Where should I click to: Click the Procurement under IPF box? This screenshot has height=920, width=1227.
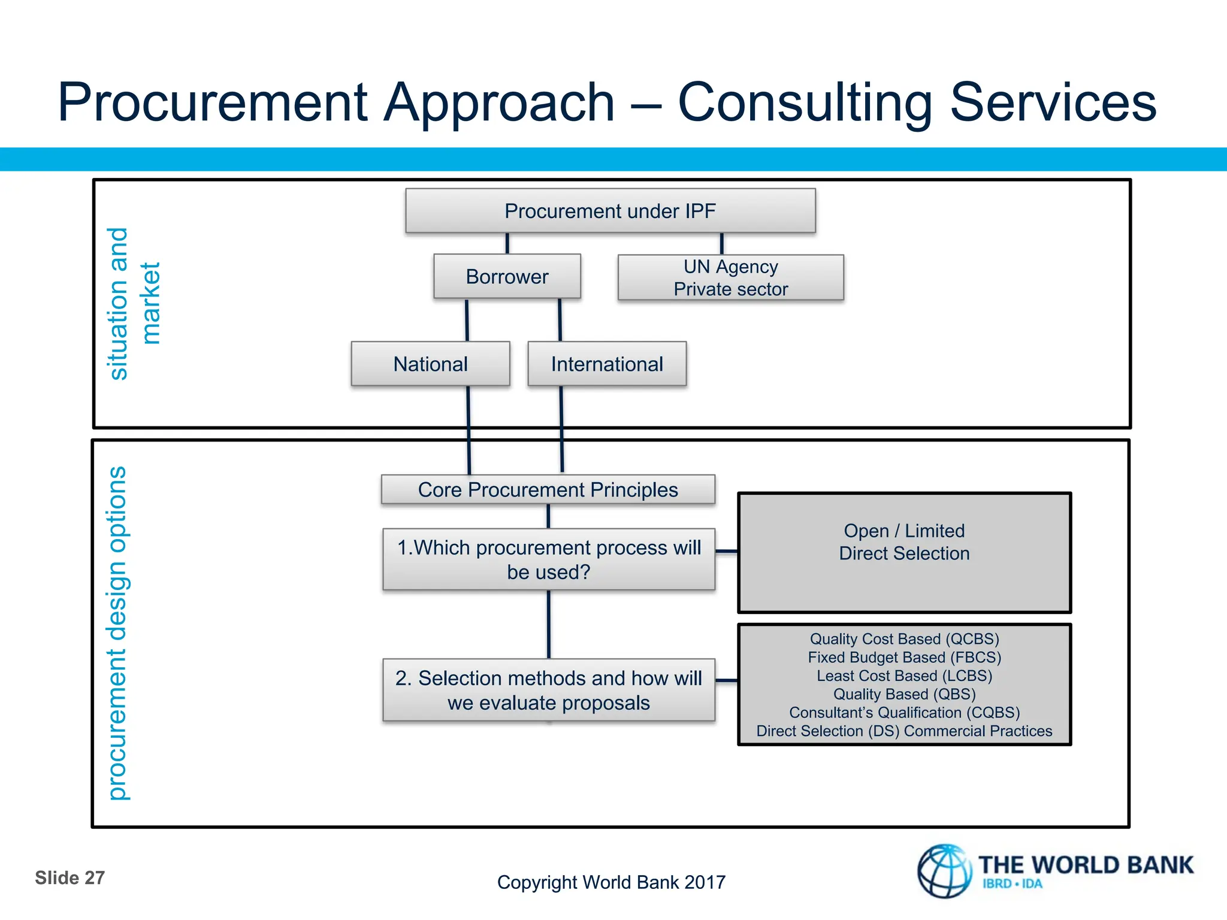[610, 211]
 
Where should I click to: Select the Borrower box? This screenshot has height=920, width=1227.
[507, 277]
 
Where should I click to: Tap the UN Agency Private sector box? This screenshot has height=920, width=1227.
[730, 277]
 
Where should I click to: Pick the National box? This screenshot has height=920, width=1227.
[430, 364]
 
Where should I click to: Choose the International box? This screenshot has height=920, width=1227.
[607, 364]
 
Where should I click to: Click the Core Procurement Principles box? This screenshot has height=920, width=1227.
[548, 490]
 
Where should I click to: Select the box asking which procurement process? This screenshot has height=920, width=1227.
[549, 559]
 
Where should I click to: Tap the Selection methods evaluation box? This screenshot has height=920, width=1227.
[549, 690]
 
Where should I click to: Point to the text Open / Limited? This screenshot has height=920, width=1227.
[904, 531]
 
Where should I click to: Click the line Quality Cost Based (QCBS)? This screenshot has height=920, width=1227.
[904, 639]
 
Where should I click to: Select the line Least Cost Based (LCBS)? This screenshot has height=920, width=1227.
[904, 676]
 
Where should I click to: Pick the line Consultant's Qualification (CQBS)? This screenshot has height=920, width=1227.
[904, 713]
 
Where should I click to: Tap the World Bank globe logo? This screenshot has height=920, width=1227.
[945, 871]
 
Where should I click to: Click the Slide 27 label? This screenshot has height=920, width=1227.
[69, 878]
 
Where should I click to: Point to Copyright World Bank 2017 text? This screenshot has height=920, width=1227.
[611, 882]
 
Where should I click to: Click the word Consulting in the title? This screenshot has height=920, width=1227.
[805, 103]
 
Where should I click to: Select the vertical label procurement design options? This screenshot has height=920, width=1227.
[118, 633]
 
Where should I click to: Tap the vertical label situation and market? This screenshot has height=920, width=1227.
[134, 304]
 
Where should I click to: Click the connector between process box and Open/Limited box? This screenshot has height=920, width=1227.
[727, 551]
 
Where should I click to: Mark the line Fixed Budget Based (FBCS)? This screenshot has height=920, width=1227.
[904, 658]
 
